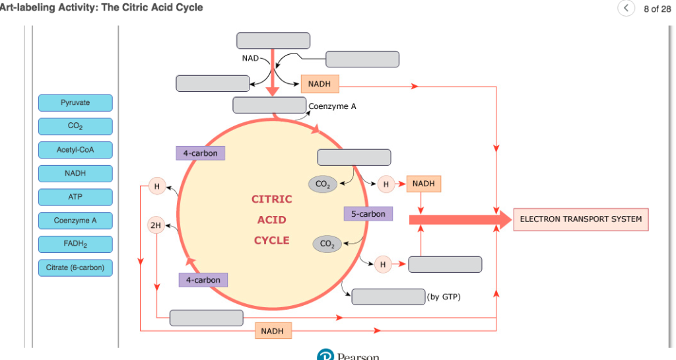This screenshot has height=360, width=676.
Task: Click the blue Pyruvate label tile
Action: click(75, 103)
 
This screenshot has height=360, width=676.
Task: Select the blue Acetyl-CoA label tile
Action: click(75, 150)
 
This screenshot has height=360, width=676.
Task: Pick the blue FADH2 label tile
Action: click(75, 244)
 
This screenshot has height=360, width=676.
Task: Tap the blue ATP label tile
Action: click(75, 197)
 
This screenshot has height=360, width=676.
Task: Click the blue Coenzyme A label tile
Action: click(75, 221)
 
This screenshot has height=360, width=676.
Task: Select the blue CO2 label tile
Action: click(75, 126)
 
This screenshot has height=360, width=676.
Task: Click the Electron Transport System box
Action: click(580, 219)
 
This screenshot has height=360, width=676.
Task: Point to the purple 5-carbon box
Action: click(368, 214)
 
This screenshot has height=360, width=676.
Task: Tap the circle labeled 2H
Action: click(156, 225)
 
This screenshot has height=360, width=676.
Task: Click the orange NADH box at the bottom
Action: click(272, 330)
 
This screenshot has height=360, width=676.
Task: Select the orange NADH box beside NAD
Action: click(320, 84)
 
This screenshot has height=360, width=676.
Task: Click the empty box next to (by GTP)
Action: click(388, 297)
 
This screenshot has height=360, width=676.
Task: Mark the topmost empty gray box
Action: click(273, 41)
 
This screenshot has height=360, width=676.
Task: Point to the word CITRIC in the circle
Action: click(271, 199)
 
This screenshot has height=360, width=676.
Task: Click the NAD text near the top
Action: click(250, 59)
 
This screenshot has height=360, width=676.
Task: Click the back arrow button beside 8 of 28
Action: click(625, 9)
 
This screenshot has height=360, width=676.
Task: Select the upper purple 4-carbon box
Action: click(200, 153)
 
